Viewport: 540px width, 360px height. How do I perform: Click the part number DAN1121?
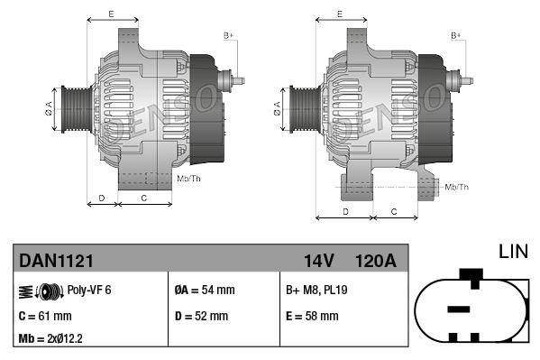(x=56, y=261)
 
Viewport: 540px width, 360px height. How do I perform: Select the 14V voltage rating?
(x=318, y=261)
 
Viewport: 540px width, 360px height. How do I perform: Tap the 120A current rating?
(x=375, y=261)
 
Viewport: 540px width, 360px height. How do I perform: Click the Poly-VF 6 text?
(x=89, y=290)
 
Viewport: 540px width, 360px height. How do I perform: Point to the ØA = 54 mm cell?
(x=204, y=290)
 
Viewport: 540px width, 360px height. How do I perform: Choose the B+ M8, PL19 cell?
(x=316, y=290)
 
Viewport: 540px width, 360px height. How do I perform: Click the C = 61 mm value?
(x=44, y=317)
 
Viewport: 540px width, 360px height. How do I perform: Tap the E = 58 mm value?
(x=312, y=317)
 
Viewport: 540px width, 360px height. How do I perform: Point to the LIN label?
(x=514, y=251)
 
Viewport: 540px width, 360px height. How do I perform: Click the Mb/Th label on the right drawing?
(x=457, y=187)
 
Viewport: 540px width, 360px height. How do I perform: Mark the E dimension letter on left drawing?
(x=111, y=14)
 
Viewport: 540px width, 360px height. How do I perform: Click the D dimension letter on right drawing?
(x=345, y=211)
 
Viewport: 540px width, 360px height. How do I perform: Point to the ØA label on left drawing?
(x=49, y=109)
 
